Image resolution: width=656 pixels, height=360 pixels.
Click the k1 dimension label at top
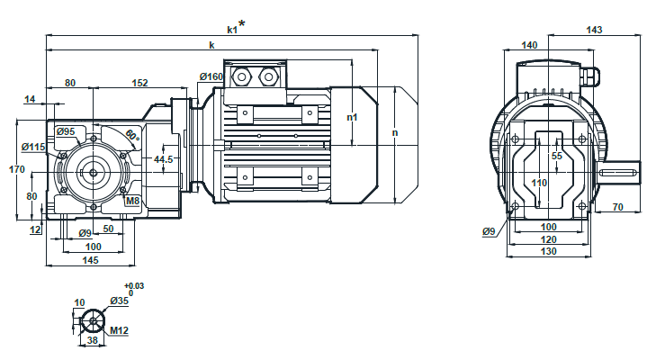click(233, 29)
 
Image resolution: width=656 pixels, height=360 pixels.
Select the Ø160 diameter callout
click(211, 77)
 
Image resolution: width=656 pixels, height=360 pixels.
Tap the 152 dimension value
click(139, 83)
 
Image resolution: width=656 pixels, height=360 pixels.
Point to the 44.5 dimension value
click(164, 159)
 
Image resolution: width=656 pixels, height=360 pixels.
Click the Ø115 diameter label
click(32, 147)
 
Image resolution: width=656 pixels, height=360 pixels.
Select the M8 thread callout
click(132, 201)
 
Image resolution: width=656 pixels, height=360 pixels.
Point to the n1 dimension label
click(353, 117)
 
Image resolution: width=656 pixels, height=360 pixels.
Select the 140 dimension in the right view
click(529, 44)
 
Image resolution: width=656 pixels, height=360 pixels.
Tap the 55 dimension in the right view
click(556, 156)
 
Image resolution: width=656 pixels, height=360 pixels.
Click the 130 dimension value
click(549, 252)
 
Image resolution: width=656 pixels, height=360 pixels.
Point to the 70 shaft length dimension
click(618, 207)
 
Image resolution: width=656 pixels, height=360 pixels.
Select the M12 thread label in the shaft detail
click(119, 330)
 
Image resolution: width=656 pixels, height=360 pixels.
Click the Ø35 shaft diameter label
click(119, 301)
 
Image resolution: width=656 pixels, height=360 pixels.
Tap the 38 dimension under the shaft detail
click(92, 342)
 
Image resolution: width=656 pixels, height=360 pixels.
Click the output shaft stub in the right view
click(621, 171)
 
